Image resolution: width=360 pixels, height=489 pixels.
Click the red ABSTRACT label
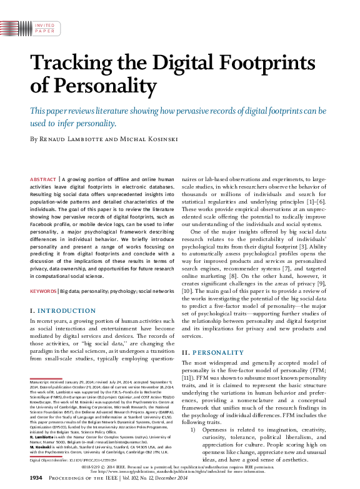tap(42, 179)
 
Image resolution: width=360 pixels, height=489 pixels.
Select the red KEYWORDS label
tap(43, 291)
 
